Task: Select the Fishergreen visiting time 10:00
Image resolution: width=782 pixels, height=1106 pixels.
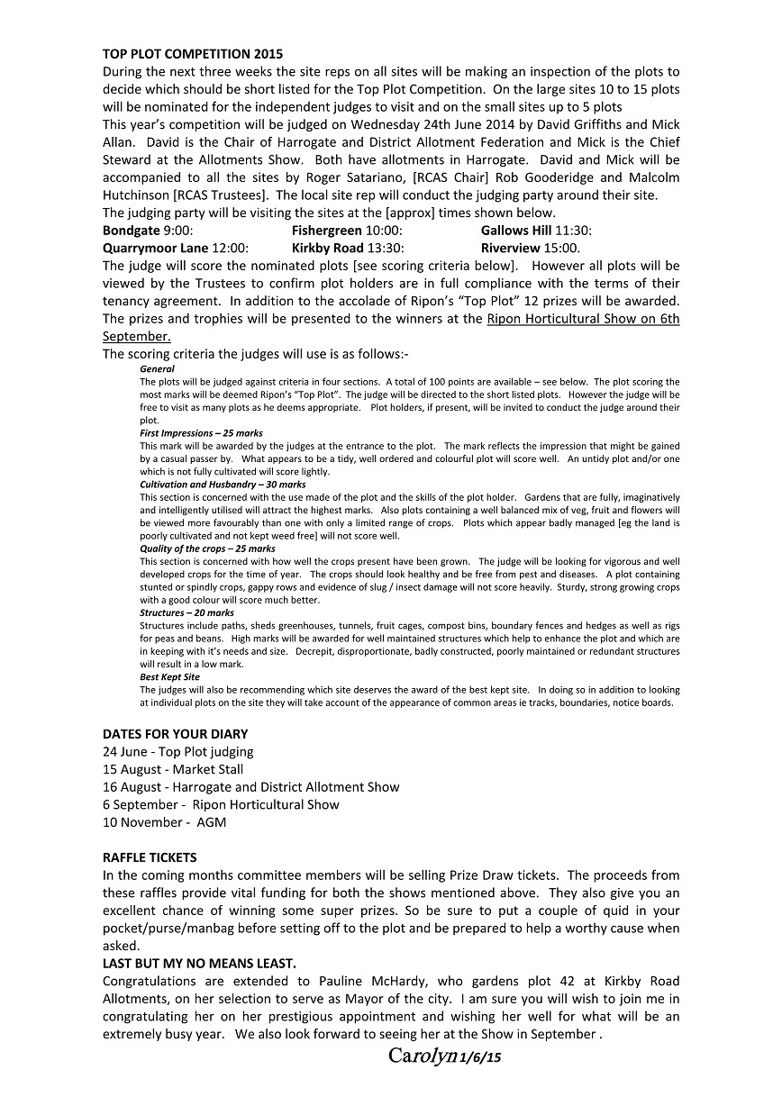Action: [386, 231]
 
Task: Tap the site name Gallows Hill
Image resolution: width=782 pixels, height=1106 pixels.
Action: [516, 231]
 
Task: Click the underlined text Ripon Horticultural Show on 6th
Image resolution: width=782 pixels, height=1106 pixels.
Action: [583, 319]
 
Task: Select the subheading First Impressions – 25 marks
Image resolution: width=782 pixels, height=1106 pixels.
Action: [201, 433]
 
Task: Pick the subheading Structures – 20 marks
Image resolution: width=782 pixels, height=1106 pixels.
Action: [186, 612]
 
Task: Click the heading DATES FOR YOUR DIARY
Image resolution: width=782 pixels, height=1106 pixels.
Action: [175, 734]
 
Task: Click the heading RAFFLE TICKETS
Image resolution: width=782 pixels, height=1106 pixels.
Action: [150, 857]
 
